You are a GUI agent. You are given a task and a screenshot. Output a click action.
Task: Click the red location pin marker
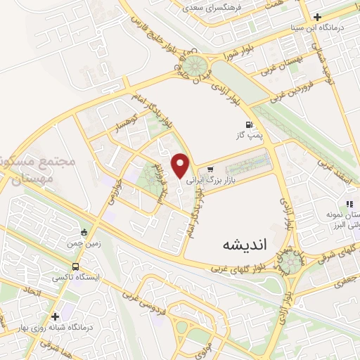point(181,165)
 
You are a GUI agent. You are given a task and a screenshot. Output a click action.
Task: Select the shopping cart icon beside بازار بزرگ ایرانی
point(210,169)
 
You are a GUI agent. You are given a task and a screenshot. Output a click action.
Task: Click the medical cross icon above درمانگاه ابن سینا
point(317,15)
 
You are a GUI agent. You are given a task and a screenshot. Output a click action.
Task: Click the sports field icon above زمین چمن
point(85,233)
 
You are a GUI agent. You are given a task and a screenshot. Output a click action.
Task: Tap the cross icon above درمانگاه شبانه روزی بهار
point(55,316)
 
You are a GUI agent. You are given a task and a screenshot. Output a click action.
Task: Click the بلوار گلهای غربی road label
point(236,267)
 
